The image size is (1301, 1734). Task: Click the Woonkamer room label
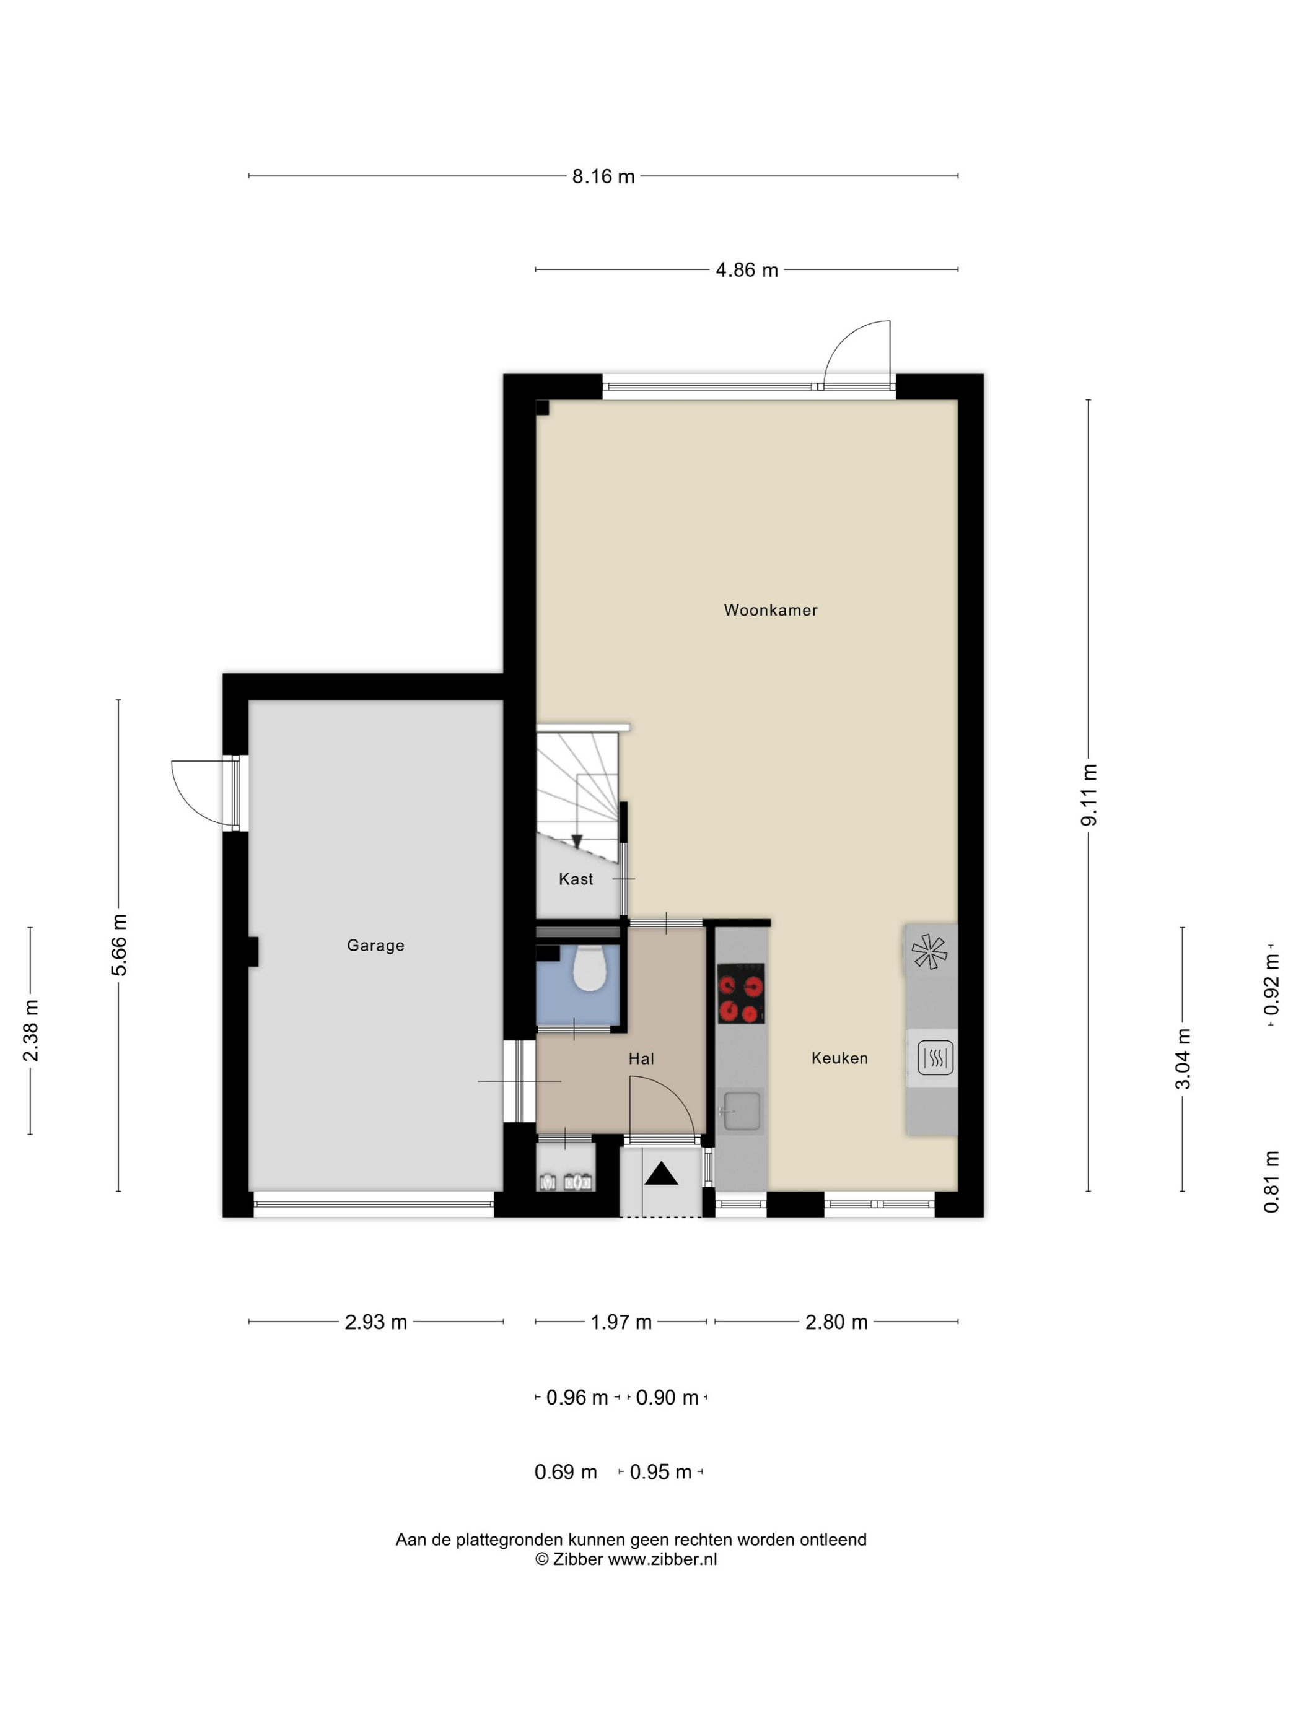click(770, 610)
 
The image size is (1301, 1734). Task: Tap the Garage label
click(375, 946)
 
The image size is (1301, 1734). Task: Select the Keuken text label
click(839, 1058)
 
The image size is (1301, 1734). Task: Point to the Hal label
click(641, 1059)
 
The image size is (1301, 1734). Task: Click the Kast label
click(576, 879)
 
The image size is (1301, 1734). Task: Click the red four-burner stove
click(741, 993)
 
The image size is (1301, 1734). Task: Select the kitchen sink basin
click(741, 1111)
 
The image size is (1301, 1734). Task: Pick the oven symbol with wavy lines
click(935, 1058)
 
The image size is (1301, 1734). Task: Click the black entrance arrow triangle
click(661, 1174)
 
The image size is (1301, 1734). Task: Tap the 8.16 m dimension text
click(603, 176)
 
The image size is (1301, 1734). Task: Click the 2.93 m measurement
click(375, 1322)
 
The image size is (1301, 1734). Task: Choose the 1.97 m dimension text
click(621, 1322)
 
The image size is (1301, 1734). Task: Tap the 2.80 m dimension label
click(836, 1322)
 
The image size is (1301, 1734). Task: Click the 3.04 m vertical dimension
click(1183, 1059)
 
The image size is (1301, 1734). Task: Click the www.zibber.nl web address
click(663, 1559)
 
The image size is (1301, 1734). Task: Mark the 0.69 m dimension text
click(566, 1472)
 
